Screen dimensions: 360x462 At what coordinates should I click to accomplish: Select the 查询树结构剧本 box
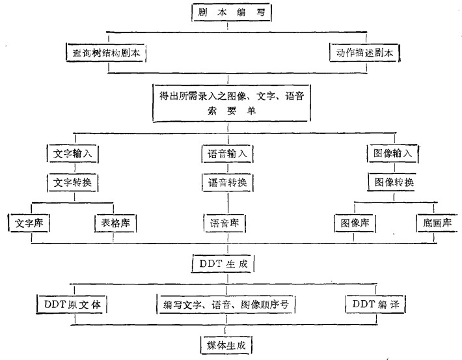(x=105, y=53)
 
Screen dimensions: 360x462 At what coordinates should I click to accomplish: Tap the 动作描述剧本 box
(x=363, y=52)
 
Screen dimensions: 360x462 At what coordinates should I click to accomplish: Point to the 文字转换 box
(x=73, y=183)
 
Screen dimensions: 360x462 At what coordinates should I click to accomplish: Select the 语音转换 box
(x=226, y=183)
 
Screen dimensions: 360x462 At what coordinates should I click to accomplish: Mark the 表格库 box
(x=116, y=223)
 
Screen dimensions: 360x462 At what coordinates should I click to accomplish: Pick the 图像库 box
(x=355, y=223)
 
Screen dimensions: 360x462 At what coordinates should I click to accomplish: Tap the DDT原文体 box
(x=71, y=303)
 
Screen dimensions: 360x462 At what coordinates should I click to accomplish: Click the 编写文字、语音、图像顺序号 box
(x=226, y=303)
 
